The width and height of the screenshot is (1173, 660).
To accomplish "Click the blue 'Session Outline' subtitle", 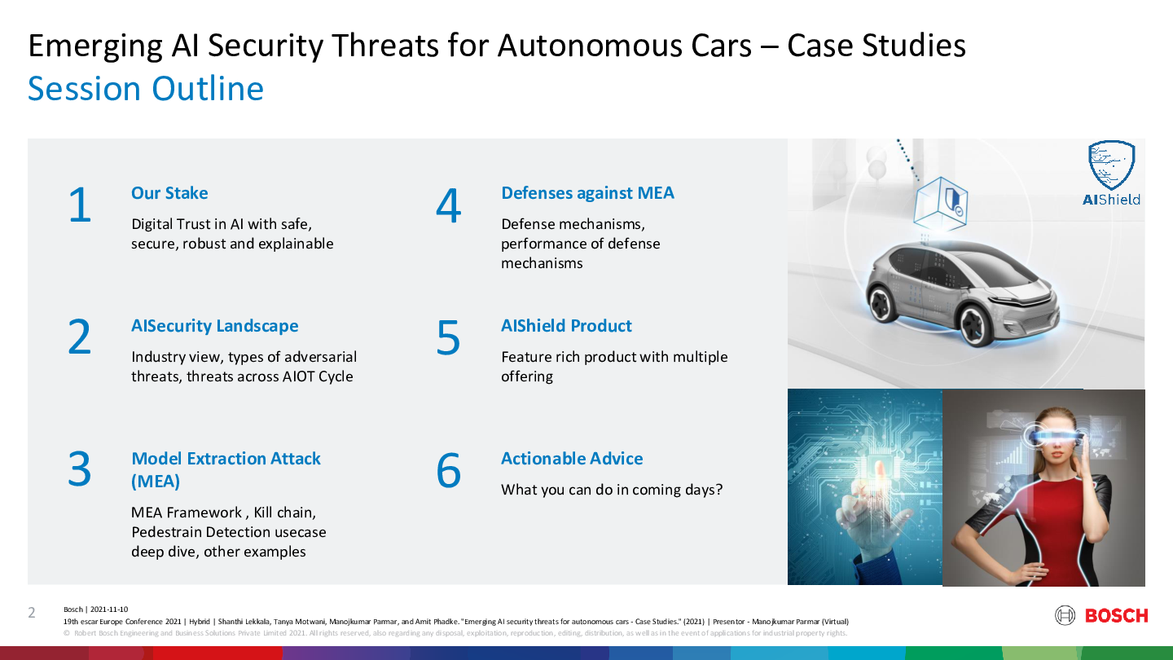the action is click(x=146, y=89).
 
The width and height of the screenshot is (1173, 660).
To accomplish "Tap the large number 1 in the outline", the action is click(x=80, y=205).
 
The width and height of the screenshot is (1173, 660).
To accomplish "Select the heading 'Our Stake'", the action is click(x=169, y=193).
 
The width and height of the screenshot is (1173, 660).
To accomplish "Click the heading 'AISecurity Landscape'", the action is click(x=215, y=326).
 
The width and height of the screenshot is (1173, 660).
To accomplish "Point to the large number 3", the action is click(x=80, y=470).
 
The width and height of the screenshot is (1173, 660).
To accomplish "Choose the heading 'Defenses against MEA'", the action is click(x=587, y=193).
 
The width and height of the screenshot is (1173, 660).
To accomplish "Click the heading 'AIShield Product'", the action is click(x=567, y=326).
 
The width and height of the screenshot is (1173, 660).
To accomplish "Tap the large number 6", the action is click(x=448, y=470).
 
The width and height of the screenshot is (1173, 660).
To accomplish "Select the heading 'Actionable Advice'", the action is click(x=572, y=458).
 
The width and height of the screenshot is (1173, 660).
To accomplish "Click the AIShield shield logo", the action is click(x=1111, y=165).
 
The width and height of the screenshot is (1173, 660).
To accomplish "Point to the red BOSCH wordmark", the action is click(x=1117, y=615).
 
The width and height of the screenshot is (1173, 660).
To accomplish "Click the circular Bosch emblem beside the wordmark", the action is click(x=1065, y=615).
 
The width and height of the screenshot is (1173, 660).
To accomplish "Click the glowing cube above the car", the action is click(x=941, y=205).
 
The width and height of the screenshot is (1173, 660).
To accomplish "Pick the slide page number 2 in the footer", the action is click(x=32, y=613).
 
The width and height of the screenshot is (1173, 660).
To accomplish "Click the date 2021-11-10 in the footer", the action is click(x=109, y=609).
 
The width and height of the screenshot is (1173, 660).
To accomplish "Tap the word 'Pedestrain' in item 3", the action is click(x=166, y=532).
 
